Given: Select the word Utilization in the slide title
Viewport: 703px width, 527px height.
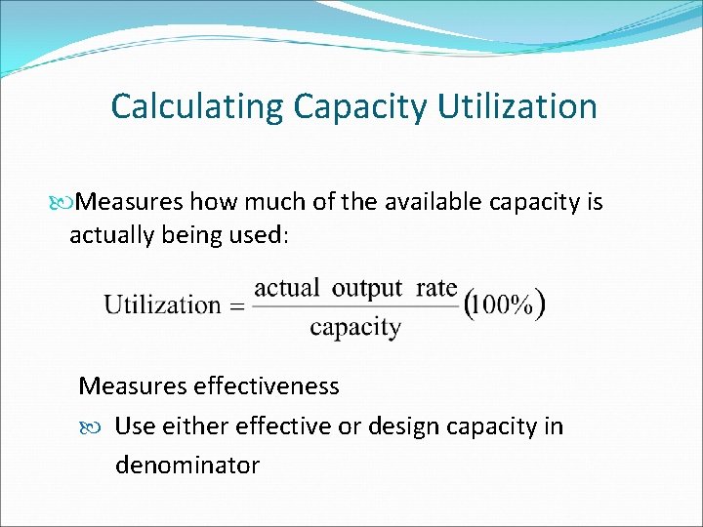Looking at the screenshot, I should (517, 106).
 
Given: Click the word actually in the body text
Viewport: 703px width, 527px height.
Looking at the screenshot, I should (108, 235).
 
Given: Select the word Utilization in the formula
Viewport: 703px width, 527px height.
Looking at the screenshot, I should (162, 304).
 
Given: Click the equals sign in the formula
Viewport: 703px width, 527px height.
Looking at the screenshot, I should (236, 305).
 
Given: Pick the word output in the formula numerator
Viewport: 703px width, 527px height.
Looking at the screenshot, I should (367, 288).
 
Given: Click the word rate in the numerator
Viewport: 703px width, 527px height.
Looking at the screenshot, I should (436, 288).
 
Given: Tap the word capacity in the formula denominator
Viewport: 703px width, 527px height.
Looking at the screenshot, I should (355, 327).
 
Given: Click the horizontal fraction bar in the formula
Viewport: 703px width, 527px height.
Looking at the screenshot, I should (355, 306).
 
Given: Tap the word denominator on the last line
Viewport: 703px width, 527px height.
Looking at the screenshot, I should (187, 465).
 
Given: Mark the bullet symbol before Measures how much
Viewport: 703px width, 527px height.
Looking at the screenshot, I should (65, 203).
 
